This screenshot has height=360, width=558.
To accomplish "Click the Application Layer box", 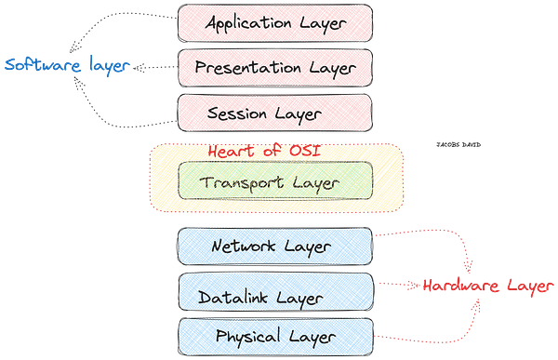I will click(x=275, y=21).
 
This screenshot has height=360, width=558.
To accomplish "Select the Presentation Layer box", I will click(x=275, y=67).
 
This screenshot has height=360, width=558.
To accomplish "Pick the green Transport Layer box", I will click(x=275, y=181).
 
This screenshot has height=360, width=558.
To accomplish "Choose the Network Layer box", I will click(x=275, y=247).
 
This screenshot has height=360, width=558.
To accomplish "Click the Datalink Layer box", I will click(x=275, y=296).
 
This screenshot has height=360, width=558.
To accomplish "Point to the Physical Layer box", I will click(x=275, y=335).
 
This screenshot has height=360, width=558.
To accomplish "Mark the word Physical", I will click(x=245, y=336).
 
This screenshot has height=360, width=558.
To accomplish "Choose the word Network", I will click(x=245, y=247).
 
